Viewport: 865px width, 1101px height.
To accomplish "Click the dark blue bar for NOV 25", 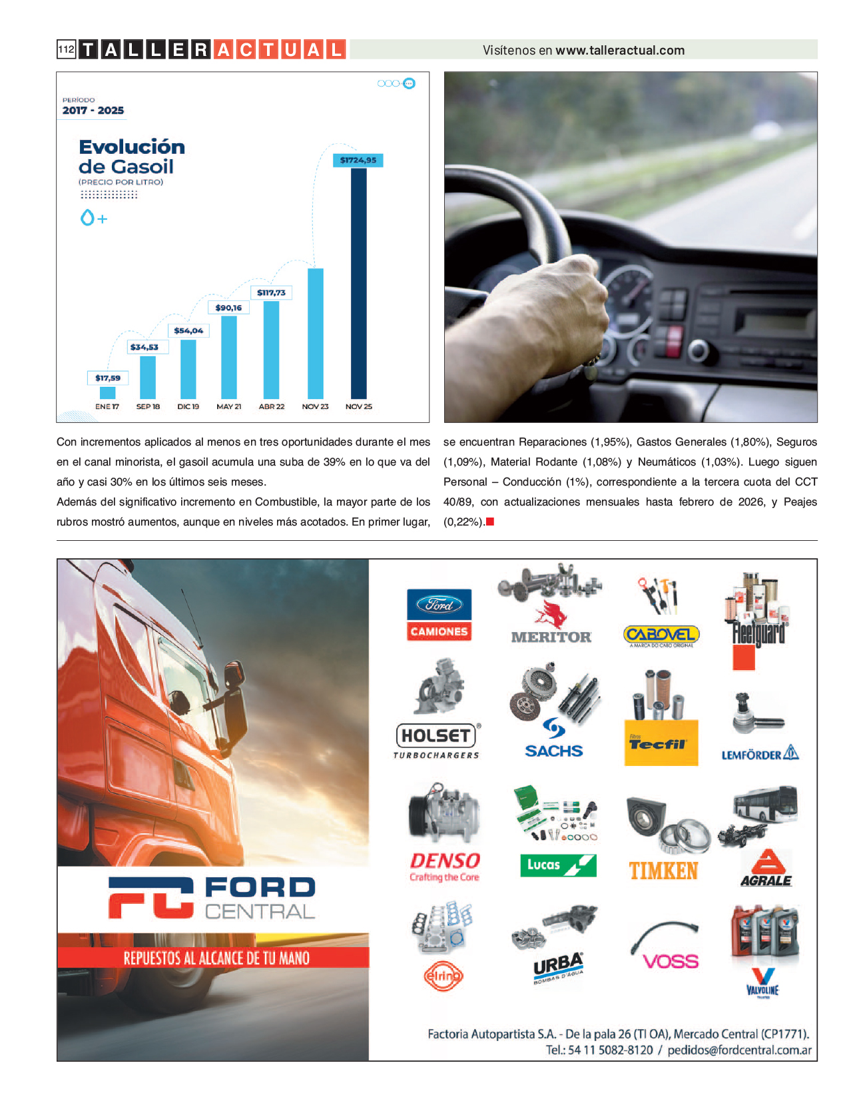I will click(x=358, y=283).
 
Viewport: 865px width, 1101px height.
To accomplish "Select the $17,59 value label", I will click(x=108, y=378).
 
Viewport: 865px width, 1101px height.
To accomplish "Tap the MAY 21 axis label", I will click(x=228, y=406).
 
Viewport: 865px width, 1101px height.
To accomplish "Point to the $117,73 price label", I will click(x=271, y=292).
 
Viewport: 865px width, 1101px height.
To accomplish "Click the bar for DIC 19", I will click(x=188, y=369).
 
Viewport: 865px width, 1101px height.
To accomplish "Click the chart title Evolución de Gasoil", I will click(x=131, y=157).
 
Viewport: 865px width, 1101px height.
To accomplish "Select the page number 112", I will click(x=66, y=49).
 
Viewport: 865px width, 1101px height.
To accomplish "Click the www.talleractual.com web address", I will click(x=620, y=50).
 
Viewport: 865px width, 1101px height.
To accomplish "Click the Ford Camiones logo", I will click(x=439, y=615).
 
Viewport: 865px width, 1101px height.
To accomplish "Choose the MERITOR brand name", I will click(x=551, y=637).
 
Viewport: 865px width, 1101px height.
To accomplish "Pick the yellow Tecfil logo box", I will click(x=661, y=742).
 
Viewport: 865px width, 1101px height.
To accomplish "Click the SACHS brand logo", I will click(x=553, y=750).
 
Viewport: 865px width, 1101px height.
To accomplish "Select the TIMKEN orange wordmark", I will click(x=663, y=871).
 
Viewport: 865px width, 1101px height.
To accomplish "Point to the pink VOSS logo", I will click(x=671, y=961).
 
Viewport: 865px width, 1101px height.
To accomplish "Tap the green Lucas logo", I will click(x=557, y=865).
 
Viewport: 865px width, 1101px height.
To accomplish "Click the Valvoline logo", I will click(x=762, y=982).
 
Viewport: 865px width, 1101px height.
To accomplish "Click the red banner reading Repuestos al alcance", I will click(x=213, y=958).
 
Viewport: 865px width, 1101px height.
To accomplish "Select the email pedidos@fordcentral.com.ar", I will click(x=739, y=1050).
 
